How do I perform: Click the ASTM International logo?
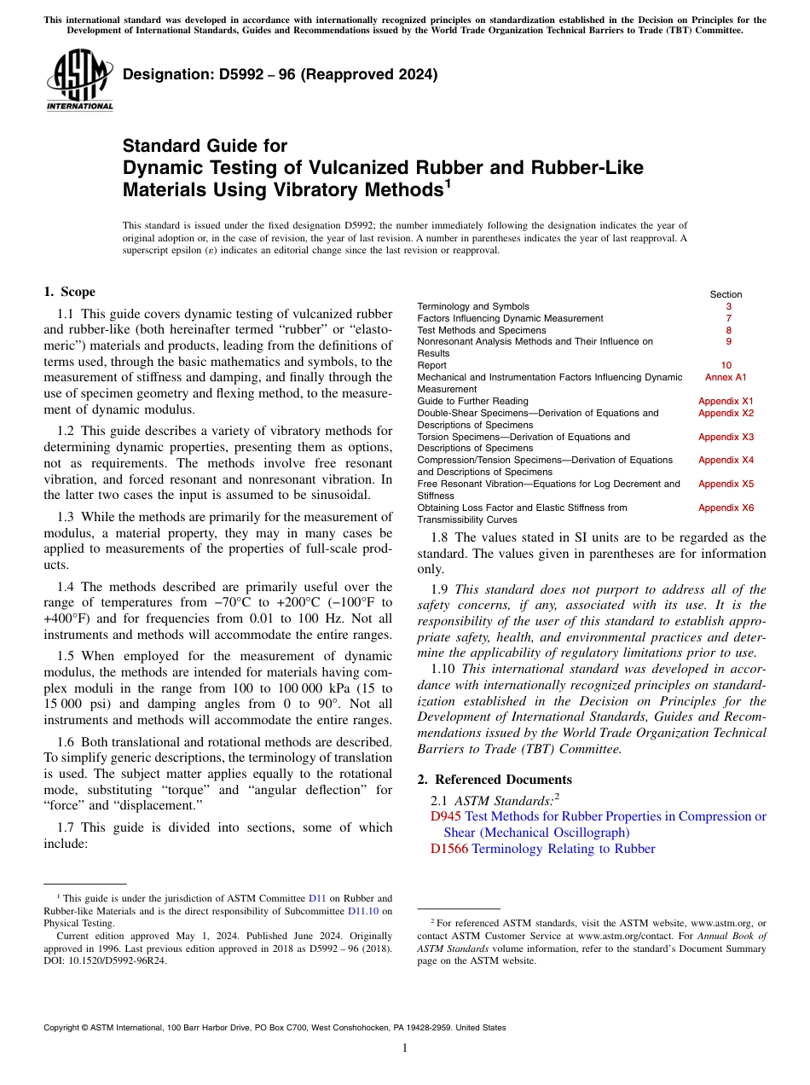[78, 81]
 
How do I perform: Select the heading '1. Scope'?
[69, 292]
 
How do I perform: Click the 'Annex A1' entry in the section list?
[726, 377]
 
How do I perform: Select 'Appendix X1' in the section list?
[726, 401]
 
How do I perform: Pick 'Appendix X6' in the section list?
[726, 508]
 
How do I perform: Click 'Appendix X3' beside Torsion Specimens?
[726, 437]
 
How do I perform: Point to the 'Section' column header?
[726, 294]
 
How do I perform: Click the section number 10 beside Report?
[726, 365]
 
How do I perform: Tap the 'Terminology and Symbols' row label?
[472, 306]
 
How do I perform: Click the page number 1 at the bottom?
[405, 1048]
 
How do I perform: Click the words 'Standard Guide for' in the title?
[205, 146]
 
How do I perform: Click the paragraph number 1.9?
[443, 589]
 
